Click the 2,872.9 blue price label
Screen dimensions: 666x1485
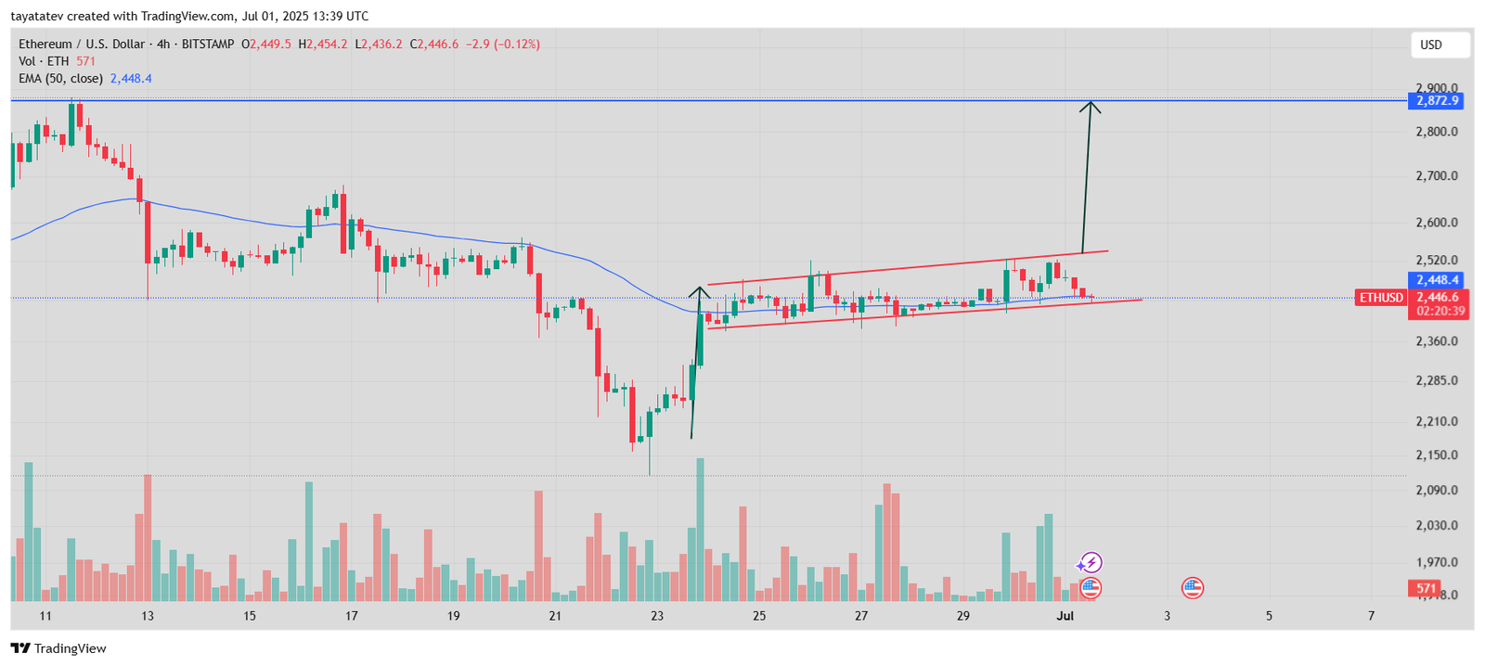[x=1436, y=101]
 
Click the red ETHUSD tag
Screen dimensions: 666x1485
[x=1381, y=298]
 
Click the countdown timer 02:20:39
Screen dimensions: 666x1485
[x=1440, y=312]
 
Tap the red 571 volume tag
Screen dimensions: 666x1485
[x=1426, y=588]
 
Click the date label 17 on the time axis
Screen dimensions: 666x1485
[x=351, y=616]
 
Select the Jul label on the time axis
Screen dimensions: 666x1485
[x=1065, y=616]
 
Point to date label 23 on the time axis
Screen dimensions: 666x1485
[x=657, y=616]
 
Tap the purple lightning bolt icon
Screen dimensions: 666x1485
[x=1090, y=562]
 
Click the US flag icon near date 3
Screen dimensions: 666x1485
[x=1192, y=587]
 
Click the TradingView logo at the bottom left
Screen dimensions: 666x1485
[x=58, y=648]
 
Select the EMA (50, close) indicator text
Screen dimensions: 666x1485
[x=60, y=79]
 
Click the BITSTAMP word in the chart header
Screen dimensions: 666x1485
[x=208, y=45]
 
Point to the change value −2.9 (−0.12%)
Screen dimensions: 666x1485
[x=502, y=45]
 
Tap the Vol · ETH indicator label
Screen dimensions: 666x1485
[x=44, y=61]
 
